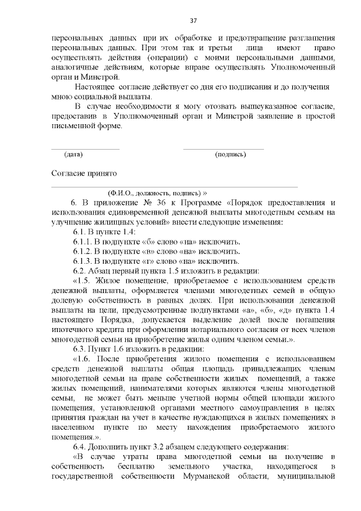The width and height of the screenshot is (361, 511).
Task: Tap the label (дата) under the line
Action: [x=73, y=154]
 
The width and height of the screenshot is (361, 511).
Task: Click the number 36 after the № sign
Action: [x=150, y=203]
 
